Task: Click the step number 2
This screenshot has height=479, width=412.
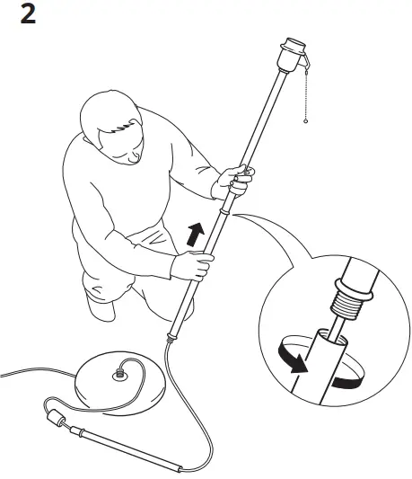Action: click(x=27, y=15)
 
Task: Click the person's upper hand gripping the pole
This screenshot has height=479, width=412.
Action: click(x=235, y=179)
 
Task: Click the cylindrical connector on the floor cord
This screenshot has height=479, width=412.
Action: click(x=54, y=419)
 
